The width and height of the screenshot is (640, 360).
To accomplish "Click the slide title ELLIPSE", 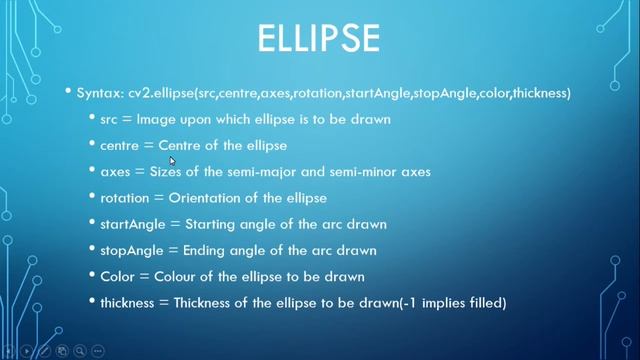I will tap(319, 41).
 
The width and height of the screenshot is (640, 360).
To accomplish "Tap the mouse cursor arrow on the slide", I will tap(173, 160).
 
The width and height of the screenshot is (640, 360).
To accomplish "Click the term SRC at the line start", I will tap(113, 120).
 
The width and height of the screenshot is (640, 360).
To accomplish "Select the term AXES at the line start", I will tap(116, 172).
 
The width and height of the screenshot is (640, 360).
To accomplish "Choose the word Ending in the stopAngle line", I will tap(204, 250).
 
